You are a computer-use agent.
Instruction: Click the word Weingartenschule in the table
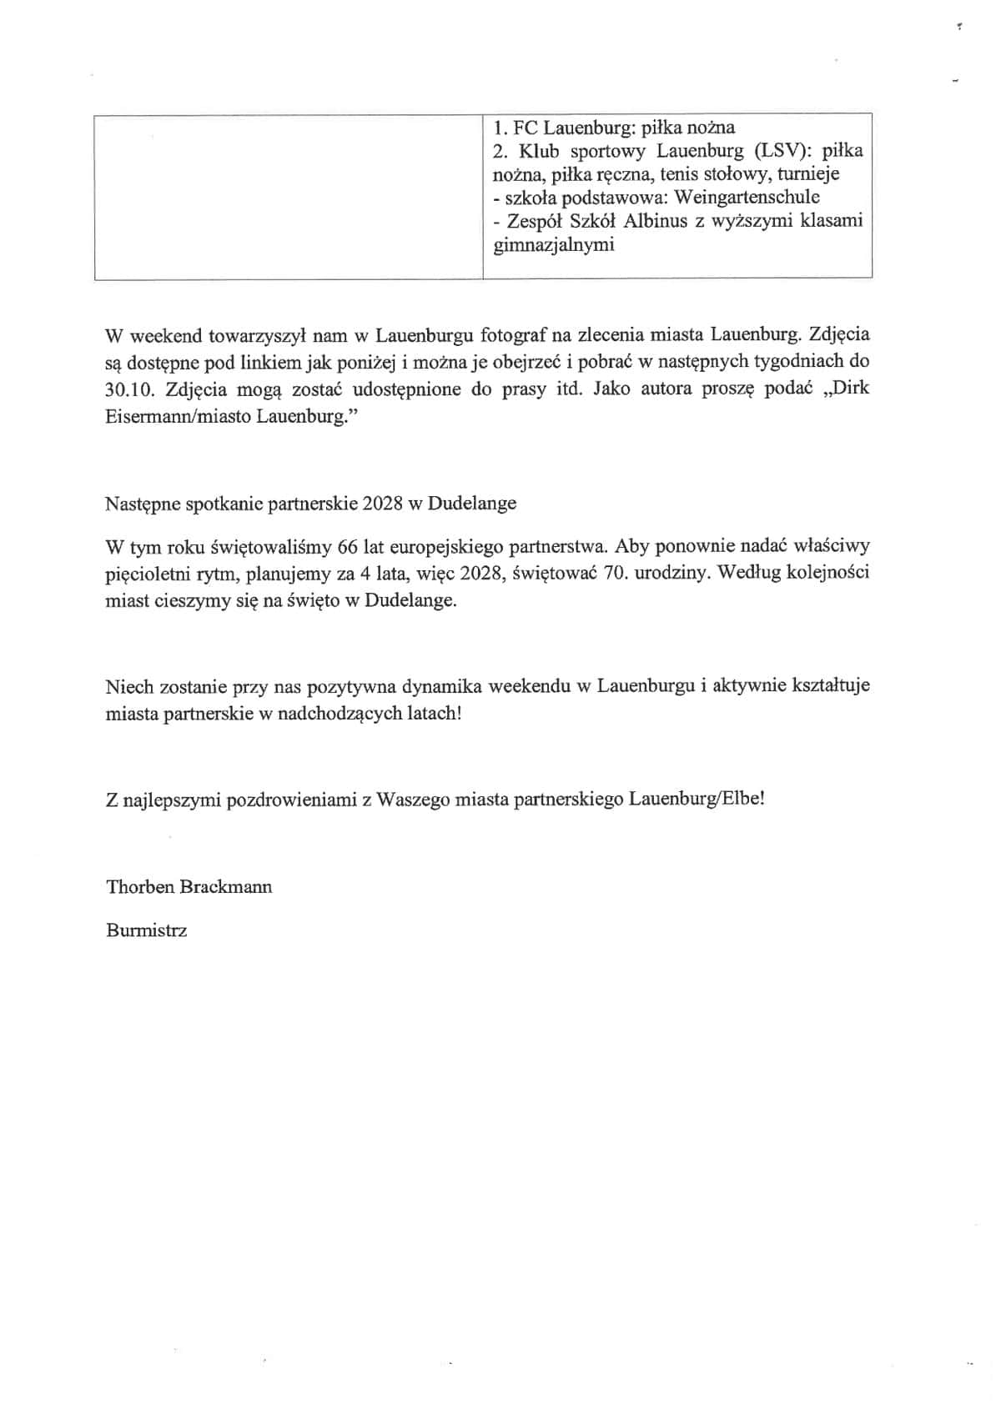(x=747, y=198)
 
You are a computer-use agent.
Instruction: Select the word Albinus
(x=654, y=221)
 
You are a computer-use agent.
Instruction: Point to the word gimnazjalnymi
(x=554, y=245)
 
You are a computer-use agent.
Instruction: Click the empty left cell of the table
(x=288, y=196)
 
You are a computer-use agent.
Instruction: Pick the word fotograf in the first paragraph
(x=512, y=335)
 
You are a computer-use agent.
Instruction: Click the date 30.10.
(x=129, y=389)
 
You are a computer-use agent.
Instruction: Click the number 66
(x=349, y=547)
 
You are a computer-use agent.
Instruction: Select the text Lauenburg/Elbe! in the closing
(x=697, y=799)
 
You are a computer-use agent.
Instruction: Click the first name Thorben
(x=139, y=886)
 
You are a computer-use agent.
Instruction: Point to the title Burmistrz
(x=147, y=930)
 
